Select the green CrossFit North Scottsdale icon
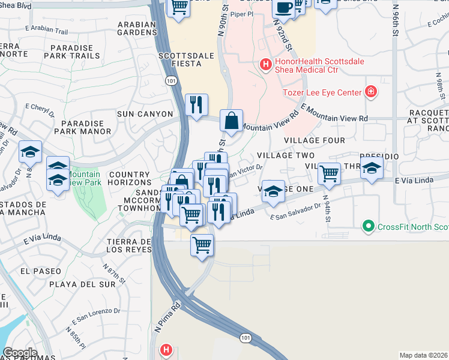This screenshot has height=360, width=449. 369,226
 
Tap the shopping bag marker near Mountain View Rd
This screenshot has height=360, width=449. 231,121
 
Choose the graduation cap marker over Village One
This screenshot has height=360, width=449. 273,191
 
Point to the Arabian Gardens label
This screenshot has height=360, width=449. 137,29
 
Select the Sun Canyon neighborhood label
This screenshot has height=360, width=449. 145,114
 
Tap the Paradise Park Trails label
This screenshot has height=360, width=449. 75,52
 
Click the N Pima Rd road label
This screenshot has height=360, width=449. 167,319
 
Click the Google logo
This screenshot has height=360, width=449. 20,353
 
